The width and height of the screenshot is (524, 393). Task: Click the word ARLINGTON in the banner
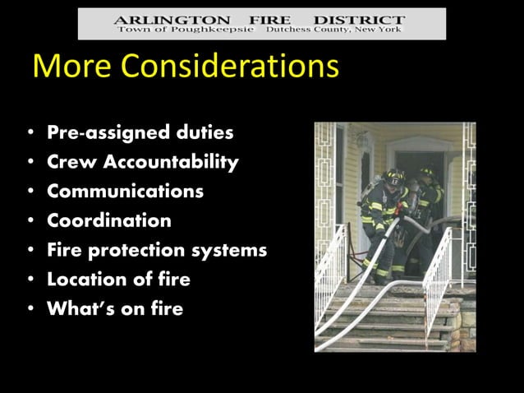pyautogui.click(x=161, y=18)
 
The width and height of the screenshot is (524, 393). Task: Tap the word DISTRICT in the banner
pyautogui.click(x=363, y=18)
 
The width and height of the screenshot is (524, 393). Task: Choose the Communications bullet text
pyautogui.click(x=125, y=192)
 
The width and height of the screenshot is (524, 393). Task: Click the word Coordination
pyautogui.click(x=109, y=220)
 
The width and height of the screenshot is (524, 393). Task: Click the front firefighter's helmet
pyautogui.click(x=395, y=175)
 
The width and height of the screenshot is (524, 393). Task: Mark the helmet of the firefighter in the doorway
pyautogui.click(x=427, y=173)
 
